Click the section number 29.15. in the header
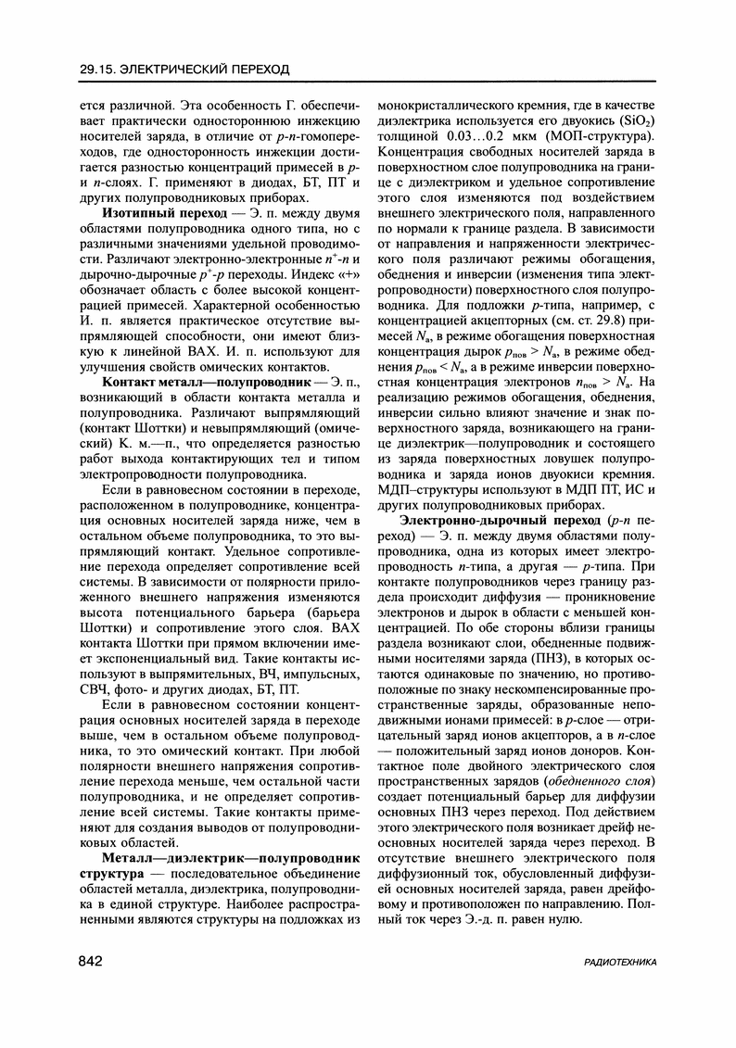point(104,69)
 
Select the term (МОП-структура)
point(602,138)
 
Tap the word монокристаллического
point(454,105)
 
